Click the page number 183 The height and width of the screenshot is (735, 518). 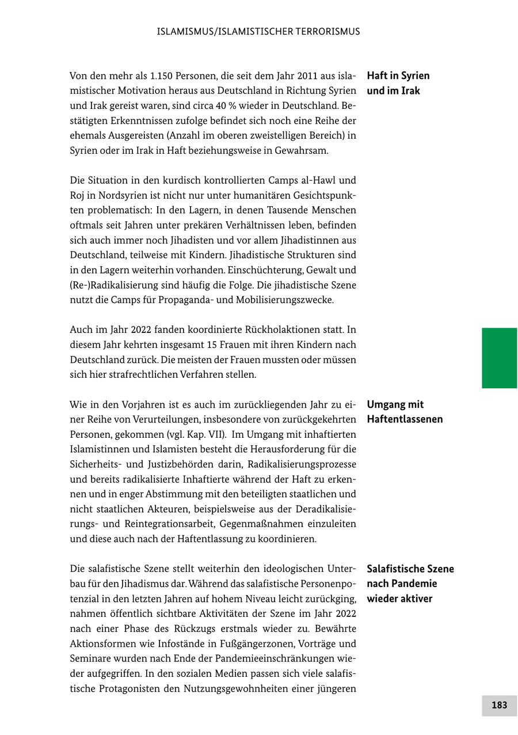pos(499,705)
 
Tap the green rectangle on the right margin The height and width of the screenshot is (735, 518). pos(499,358)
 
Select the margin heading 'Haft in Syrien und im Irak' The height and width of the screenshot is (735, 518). pos(398,83)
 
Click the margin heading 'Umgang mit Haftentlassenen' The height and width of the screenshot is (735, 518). pos(405,412)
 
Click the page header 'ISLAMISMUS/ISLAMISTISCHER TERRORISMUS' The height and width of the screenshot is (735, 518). pos(258,32)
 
